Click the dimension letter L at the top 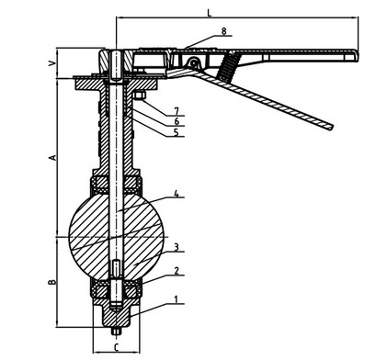click(x=210, y=13)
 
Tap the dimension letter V click(x=52, y=63)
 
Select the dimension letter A click(x=52, y=157)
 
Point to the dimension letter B click(x=52, y=282)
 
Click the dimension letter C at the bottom click(x=116, y=347)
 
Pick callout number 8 click(x=224, y=31)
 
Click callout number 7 click(x=177, y=111)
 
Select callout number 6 click(x=177, y=121)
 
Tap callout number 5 click(x=176, y=132)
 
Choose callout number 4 click(x=177, y=194)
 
